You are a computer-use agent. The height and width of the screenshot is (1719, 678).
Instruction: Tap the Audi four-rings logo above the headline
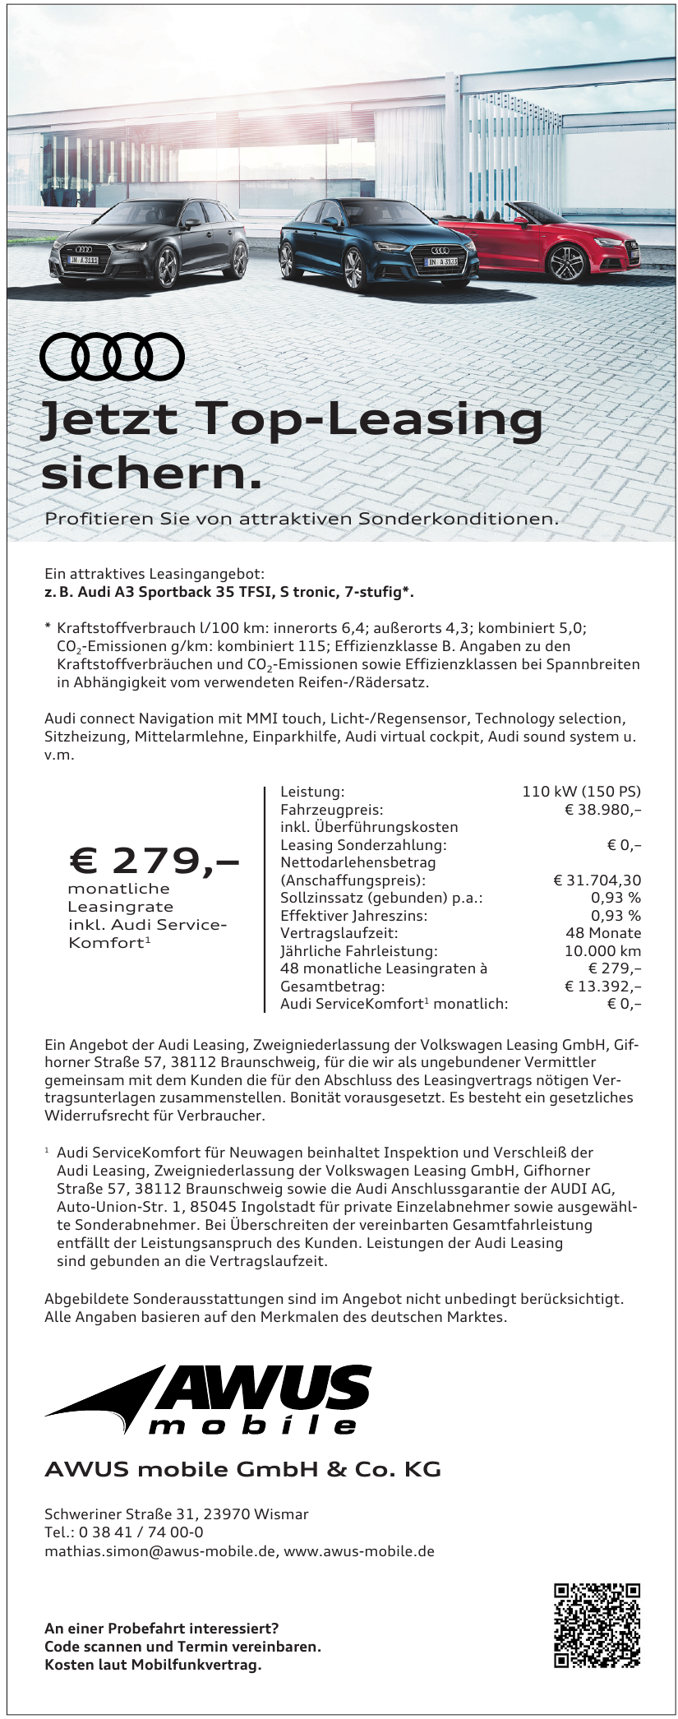tap(113, 357)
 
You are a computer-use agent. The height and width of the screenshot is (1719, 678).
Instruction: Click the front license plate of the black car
tap(83, 261)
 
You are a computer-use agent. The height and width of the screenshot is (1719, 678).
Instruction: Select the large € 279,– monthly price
tap(154, 861)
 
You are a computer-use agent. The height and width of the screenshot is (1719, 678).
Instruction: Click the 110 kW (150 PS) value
tap(581, 792)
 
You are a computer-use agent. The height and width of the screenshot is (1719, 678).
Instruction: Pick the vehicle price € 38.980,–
tap(602, 810)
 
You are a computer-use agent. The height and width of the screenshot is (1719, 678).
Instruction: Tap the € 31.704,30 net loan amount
tap(597, 880)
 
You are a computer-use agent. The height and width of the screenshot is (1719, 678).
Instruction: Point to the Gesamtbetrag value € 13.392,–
tap(602, 987)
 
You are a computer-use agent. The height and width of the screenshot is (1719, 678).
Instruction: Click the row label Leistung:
tap(312, 792)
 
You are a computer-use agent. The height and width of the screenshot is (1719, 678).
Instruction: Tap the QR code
tap(597, 1625)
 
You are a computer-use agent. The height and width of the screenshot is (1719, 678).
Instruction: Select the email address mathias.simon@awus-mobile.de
tap(160, 1551)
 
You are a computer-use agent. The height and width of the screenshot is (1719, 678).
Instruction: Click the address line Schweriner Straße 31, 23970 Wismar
tap(177, 1513)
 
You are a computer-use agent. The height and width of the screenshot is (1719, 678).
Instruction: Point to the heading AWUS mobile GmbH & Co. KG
tap(242, 1469)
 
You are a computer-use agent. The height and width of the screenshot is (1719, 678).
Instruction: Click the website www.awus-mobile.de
tap(358, 1551)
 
